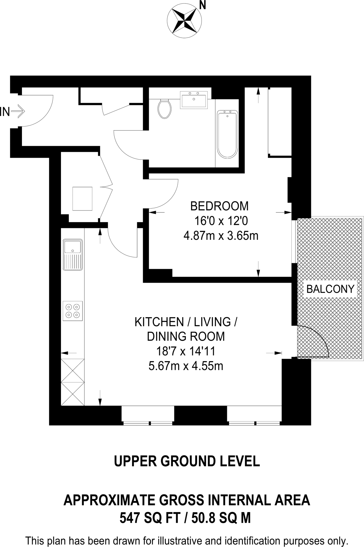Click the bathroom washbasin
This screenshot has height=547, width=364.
pyautogui.click(x=194, y=100)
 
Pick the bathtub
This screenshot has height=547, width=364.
pyautogui.click(x=227, y=134)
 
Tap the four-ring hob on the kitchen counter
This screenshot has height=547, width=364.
pyautogui.click(x=73, y=311)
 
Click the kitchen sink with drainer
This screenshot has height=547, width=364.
pyautogui.click(x=73, y=254)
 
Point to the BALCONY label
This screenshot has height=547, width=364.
pyautogui.click(x=330, y=289)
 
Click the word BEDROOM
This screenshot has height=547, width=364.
pyautogui.click(x=219, y=206)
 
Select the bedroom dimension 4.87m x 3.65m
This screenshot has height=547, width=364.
pyautogui.click(x=221, y=236)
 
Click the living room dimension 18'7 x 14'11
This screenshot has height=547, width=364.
pyautogui.click(x=186, y=351)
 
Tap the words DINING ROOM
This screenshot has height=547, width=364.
pyautogui.click(x=186, y=337)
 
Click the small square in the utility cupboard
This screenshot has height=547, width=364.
pyautogui.click(x=82, y=199)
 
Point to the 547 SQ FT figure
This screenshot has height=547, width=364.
pyautogui.click(x=150, y=518)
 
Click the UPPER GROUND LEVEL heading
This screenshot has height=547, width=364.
pyautogui.click(x=187, y=461)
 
